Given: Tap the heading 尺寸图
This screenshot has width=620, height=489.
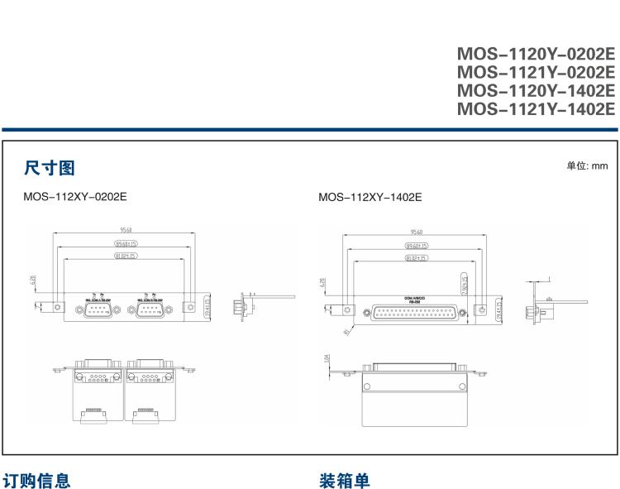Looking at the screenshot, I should tap(50, 169).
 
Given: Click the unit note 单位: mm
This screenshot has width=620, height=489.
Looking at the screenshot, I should tap(587, 166).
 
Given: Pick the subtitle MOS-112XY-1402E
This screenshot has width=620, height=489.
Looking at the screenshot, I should tap(370, 198).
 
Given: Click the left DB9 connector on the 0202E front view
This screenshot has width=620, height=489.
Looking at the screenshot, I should tap(98, 309).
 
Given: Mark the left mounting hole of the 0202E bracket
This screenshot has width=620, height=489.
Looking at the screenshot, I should tap(57, 309).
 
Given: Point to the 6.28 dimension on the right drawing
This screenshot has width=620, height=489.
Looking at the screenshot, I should tap(323, 284).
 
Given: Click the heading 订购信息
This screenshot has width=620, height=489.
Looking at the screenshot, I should tap(36, 480).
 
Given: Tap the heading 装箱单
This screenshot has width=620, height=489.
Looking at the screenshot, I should tap(344, 480).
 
